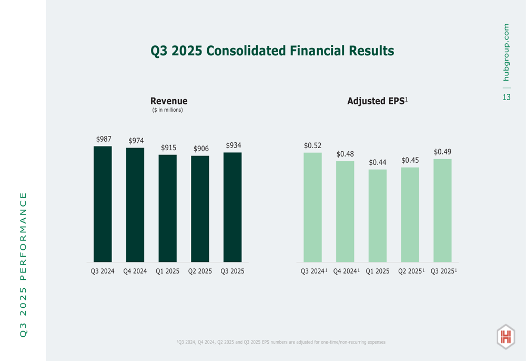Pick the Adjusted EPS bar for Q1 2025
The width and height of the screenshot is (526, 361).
pos(378,216)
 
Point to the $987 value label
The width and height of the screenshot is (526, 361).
pos(104,139)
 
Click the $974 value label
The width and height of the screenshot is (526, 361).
pos(136,141)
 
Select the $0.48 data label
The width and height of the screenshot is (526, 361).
pos(345,154)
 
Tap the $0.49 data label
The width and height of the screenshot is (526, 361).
pos(442,152)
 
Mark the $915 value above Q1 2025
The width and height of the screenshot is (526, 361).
pos(168,148)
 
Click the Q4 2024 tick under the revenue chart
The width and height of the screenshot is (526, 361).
pos(135,271)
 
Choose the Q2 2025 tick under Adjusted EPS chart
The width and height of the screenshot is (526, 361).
pos(409,271)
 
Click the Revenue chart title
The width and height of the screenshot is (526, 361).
pos(169,101)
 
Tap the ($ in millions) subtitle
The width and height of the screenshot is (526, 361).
pos(167,110)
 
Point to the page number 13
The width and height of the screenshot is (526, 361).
pos(506,97)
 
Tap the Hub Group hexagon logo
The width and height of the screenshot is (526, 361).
pos(505,337)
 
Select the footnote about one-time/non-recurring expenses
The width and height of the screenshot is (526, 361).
pos(281,342)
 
